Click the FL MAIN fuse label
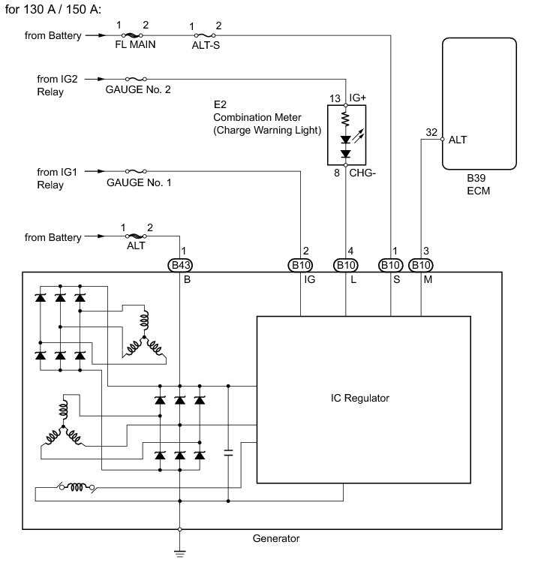click(135, 44)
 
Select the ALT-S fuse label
click(206, 45)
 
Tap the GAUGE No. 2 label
click(138, 89)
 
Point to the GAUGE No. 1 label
click(139, 182)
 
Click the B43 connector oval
click(180, 266)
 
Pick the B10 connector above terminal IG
click(300, 266)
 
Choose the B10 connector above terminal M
click(421, 266)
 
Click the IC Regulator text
click(360, 398)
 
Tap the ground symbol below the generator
click(180, 553)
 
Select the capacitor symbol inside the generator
click(228, 453)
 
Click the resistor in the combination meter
click(345, 119)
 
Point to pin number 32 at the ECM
click(431, 132)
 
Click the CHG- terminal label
click(362, 173)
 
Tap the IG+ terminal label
click(358, 98)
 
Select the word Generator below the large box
click(276, 538)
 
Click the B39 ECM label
click(478, 184)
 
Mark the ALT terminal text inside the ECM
click(458, 140)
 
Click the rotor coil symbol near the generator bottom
click(77, 487)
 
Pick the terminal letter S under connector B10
click(397, 280)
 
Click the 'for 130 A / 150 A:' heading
click(53, 9)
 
